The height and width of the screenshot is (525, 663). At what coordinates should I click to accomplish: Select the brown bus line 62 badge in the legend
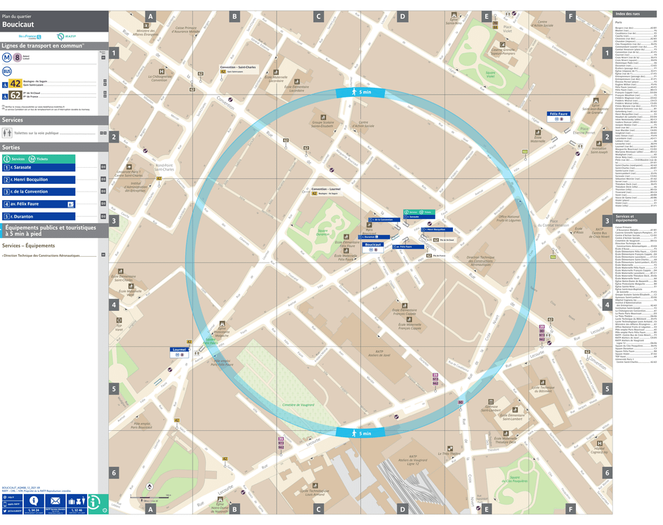click(15, 96)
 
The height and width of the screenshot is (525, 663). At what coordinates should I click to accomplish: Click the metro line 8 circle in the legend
click(17, 58)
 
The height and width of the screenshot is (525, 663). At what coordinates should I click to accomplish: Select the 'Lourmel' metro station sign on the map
click(179, 349)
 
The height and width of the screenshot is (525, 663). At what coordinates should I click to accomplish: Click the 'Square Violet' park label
click(490, 72)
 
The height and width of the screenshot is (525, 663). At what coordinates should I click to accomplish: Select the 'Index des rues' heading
click(626, 14)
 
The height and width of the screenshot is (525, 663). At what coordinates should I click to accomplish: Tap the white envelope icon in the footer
click(55, 500)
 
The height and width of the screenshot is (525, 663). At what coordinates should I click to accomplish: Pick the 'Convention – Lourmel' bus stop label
click(325, 190)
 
